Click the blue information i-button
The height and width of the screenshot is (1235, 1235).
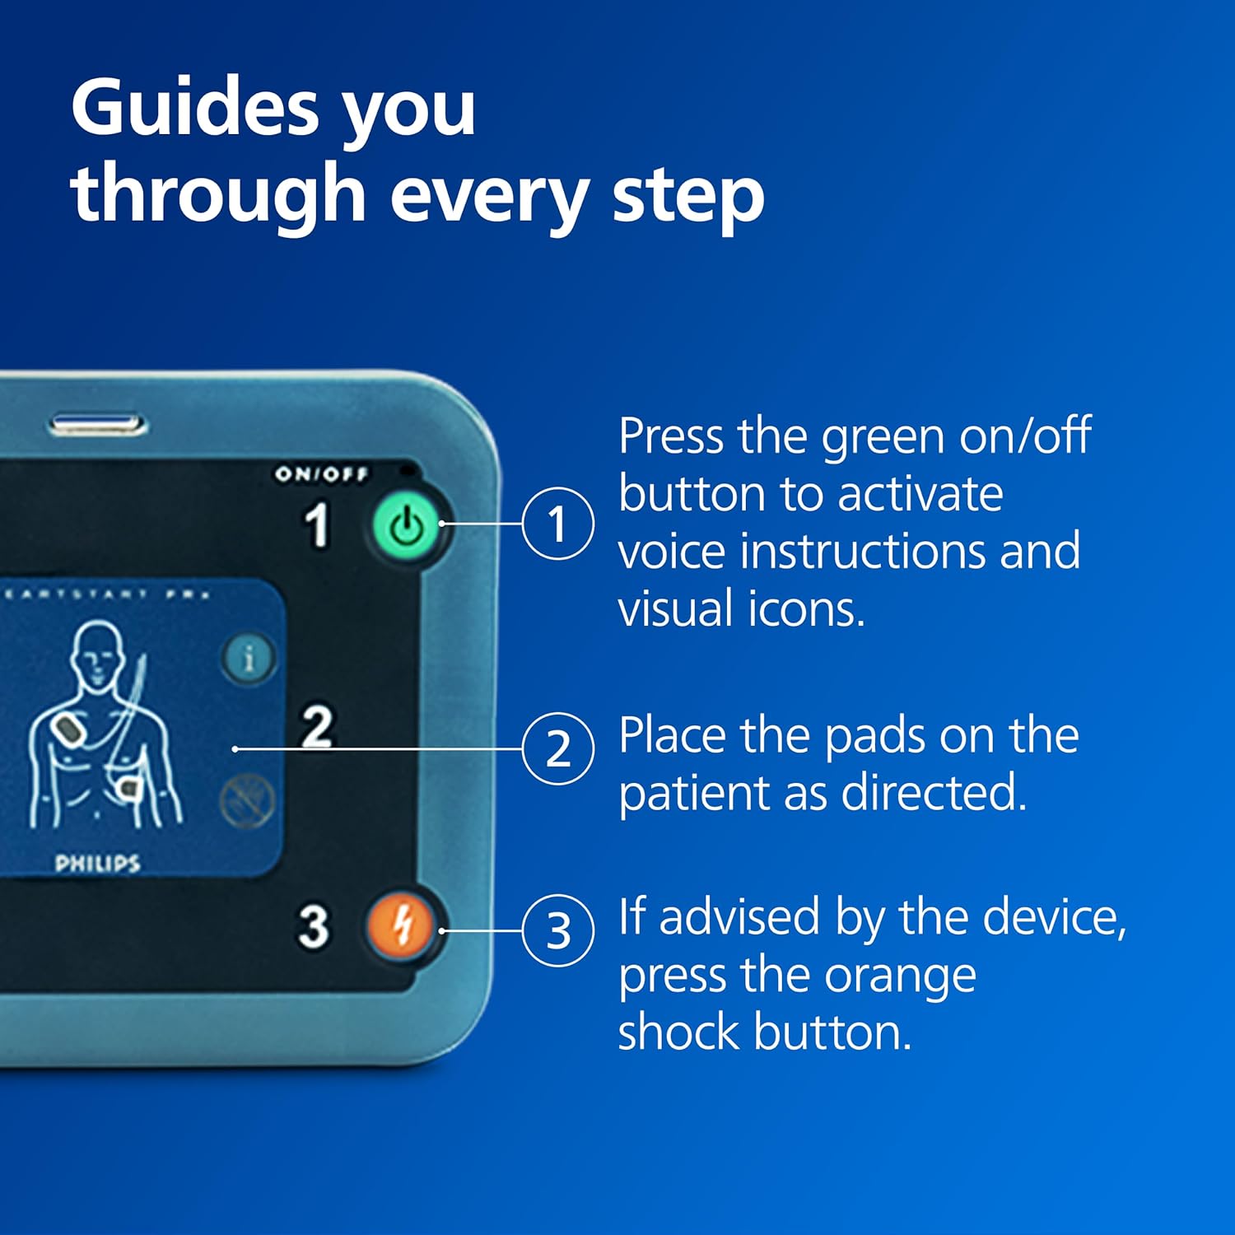[x=248, y=658]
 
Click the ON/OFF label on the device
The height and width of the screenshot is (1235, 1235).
[x=321, y=473]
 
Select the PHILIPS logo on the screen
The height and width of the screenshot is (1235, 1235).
[x=97, y=863]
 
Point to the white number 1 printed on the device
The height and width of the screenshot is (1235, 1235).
[x=317, y=524]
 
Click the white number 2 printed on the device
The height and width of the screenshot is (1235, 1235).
[x=318, y=725]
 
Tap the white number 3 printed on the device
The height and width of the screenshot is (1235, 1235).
[x=314, y=927]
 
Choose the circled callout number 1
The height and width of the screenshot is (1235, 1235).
[x=557, y=524]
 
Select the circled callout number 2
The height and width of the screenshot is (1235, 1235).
[x=558, y=748]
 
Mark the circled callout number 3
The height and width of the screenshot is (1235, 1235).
[x=558, y=931]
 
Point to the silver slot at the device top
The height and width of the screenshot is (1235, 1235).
[x=97, y=426]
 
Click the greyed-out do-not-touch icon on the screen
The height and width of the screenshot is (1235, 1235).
[x=248, y=800]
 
